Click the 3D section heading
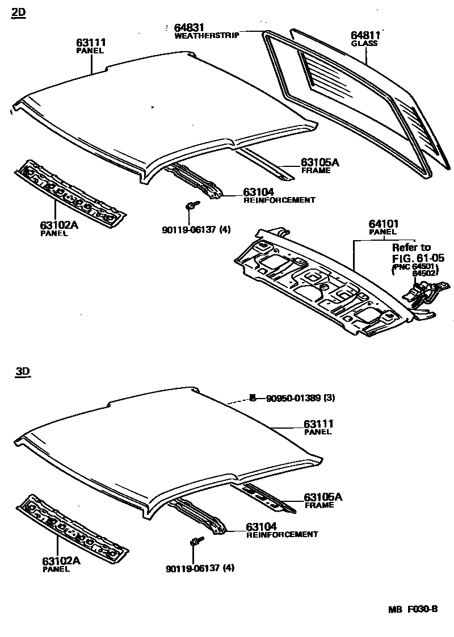22,372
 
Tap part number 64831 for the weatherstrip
189,27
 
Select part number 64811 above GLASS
365,35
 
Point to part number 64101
384,224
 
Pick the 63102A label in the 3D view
61,561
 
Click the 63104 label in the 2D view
259,192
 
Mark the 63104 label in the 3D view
261,526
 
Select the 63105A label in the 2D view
320,162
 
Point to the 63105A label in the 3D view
323,497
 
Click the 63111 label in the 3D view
318,424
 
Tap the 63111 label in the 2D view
91,43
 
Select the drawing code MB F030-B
413,610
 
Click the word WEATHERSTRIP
207,35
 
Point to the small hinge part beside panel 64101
419,295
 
